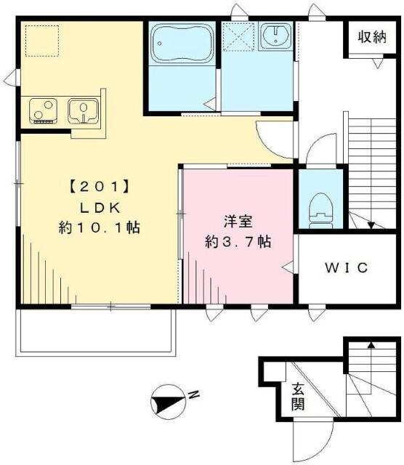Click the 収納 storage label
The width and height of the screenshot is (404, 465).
click(x=371, y=38)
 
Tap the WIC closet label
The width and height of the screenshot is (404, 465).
click(x=346, y=267)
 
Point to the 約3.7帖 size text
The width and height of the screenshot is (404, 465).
click(x=238, y=242)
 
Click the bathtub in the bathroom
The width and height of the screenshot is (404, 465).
click(x=181, y=43)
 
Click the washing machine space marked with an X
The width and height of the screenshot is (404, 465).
click(x=238, y=36)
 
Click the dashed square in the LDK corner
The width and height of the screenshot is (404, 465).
click(x=39, y=39)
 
